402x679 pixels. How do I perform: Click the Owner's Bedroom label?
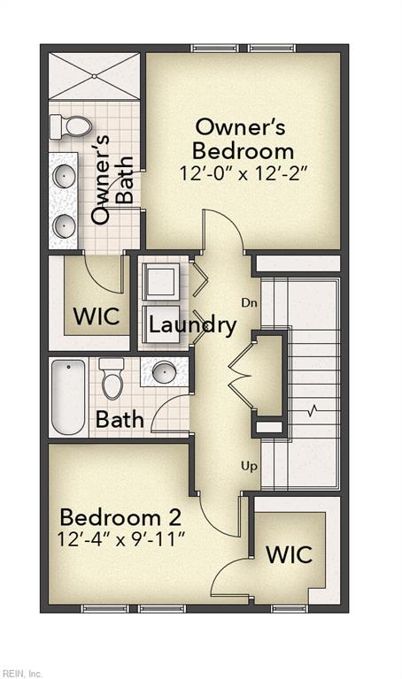point(243,140)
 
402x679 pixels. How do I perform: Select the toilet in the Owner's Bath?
point(71,127)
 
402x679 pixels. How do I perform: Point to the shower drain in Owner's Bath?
point(95,77)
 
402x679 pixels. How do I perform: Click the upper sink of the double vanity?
point(64,176)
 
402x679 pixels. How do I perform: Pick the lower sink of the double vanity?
point(64,226)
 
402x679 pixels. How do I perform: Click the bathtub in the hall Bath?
point(68,397)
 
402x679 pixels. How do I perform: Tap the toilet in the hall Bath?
point(112,378)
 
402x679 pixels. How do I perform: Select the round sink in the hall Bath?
point(165,372)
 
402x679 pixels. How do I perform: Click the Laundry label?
point(192,324)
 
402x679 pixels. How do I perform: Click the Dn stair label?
point(250,302)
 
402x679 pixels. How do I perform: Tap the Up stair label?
point(250,467)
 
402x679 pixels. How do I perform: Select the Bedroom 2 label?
point(121,517)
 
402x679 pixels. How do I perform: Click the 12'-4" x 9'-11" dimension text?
point(121,539)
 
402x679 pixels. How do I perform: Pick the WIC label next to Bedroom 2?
point(289,554)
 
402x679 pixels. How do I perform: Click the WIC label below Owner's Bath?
point(97,317)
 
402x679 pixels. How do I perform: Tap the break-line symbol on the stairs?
point(313,410)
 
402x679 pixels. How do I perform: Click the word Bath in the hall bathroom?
point(120,419)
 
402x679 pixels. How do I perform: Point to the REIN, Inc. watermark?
point(21,674)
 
